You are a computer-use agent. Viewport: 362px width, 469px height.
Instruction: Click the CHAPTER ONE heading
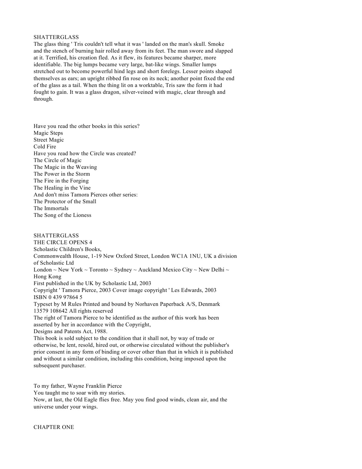coord(54,427)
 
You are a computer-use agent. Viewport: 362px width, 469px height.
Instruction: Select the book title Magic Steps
coord(48,133)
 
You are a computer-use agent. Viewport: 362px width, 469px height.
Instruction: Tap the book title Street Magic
coord(49,140)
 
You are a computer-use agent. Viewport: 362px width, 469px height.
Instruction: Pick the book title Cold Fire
coord(45,147)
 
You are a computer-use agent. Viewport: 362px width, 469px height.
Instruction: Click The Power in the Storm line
coord(62,174)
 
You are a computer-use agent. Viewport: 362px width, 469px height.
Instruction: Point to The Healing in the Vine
coord(62,188)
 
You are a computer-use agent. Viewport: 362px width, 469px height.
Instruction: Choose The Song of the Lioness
coord(62,215)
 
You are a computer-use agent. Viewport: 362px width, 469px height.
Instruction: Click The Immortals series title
coord(51,208)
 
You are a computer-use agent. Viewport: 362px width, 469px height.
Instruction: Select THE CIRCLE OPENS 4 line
coord(63,243)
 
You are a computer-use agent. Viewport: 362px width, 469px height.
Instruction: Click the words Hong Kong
coord(47,277)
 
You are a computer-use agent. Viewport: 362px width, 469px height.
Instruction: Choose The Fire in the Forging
coord(61,181)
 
